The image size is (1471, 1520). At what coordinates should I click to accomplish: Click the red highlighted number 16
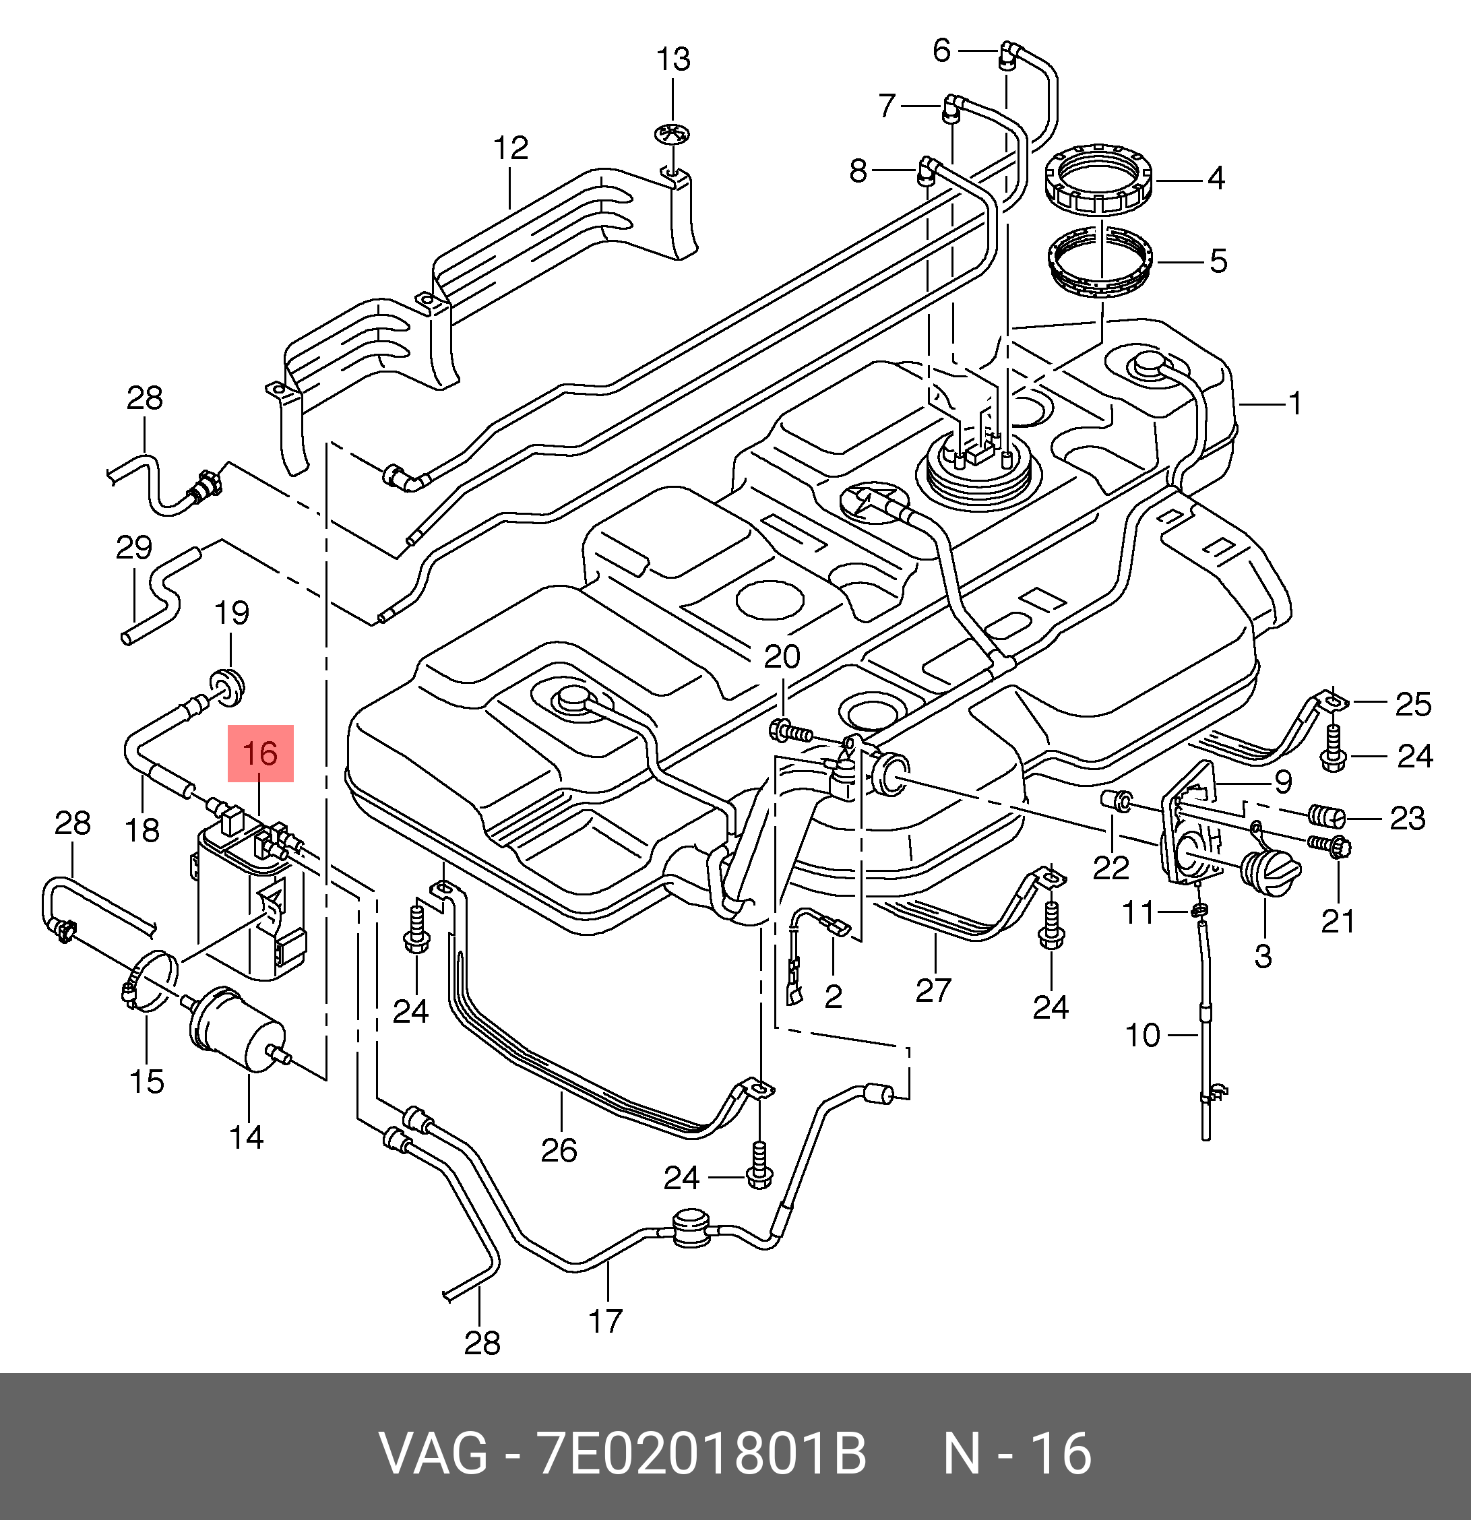pyautogui.click(x=260, y=753)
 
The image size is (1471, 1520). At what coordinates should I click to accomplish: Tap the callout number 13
pyautogui.click(x=673, y=60)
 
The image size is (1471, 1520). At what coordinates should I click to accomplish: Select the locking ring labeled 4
pyautogui.click(x=1097, y=179)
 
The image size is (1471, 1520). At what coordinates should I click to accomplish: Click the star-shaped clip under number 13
pyautogui.click(x=672, y=133)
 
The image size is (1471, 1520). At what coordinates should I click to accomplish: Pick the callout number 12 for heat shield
pyautogui.click(x=511, y=148)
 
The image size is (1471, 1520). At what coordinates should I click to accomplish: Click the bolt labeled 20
pyautogui.click(x=788, y=730)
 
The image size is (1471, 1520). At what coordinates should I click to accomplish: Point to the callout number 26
pyautogui.click(x=559, y=1150)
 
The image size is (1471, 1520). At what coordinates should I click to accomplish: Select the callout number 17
pyautogui.click(x=606, y=1321)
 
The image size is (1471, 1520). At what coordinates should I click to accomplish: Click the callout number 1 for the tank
pyautogui.click(x=1294, y=404)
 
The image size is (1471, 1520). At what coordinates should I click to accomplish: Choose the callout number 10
pyautogui.click(x=1142, y=1036)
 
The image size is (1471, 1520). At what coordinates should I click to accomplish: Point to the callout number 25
pyautogui.click(x=1413, y=704)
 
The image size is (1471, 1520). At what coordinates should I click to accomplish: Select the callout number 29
pyautogui.click(x=133, y=548)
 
